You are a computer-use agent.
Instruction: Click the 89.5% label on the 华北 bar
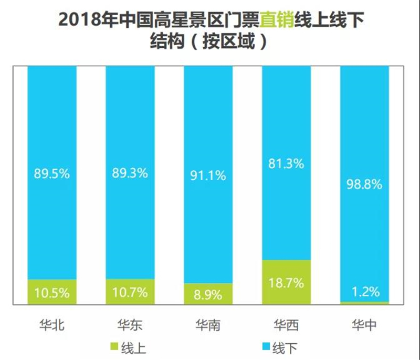tap(51, 174)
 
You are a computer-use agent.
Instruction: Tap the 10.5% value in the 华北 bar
tap(51, 293)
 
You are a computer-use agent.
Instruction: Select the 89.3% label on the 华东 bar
tap(130, 173)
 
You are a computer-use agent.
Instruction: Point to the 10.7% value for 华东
tap(130, 292)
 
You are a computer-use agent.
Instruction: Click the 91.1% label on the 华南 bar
tap(208, 176)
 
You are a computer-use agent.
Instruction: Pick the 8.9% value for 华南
tap(208, 295)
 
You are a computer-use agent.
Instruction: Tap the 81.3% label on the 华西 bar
tap(286, 163)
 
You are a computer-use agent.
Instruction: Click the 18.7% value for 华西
tap(286, 283)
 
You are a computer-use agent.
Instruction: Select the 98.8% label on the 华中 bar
tap(364, 184)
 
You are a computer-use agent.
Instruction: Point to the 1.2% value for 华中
tap(365, 292)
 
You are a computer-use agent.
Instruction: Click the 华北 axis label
tap(52, 325)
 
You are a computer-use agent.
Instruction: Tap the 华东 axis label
tap(130, 325)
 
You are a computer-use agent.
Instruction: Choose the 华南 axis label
tap(208, 325)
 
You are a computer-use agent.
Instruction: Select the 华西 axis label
tap(286, 325)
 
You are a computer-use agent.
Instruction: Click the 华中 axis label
tap(364, 325)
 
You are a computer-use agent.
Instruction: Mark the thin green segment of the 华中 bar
tap(364, 303)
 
